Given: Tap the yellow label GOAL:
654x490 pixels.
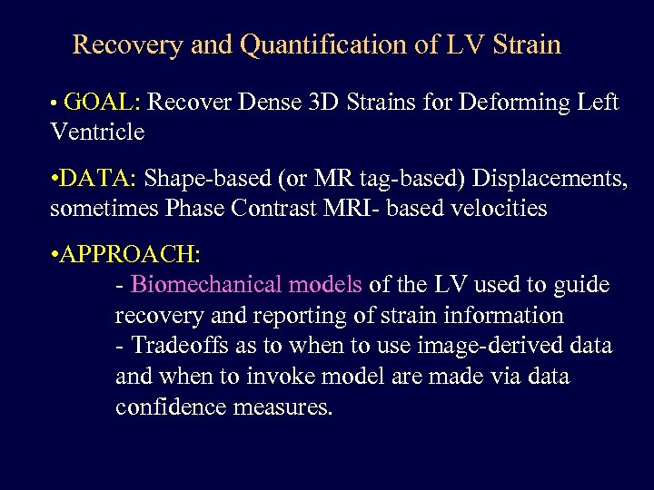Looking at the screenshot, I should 102,103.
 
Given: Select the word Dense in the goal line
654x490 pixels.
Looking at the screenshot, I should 271,103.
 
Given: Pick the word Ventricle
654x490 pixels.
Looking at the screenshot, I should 98,132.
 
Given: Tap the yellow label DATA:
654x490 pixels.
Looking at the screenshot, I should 100,179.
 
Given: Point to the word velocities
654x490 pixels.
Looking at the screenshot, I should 496,209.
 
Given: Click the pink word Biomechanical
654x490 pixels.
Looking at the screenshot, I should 207,285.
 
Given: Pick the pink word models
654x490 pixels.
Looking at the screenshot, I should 325,285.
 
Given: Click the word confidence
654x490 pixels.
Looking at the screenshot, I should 171,407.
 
